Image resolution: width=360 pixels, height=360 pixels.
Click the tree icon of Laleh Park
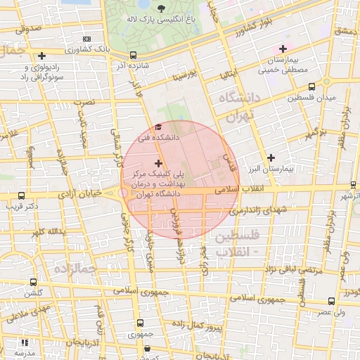pyautogui.click(x=162, y=9)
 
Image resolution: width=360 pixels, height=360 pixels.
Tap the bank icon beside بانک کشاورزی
pyautogui.click(x=86, y=39)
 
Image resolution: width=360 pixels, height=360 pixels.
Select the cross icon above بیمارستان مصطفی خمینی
pyautogui.click(x=283, y=49)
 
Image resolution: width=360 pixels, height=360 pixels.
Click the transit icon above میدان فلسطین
pyautogui.click(x=312, y=86)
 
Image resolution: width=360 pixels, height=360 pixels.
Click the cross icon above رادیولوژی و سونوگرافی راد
pyautogui.click(x=43, y=56)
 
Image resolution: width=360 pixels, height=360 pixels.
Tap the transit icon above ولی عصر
pyautogui.click(x=340, y=300)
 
